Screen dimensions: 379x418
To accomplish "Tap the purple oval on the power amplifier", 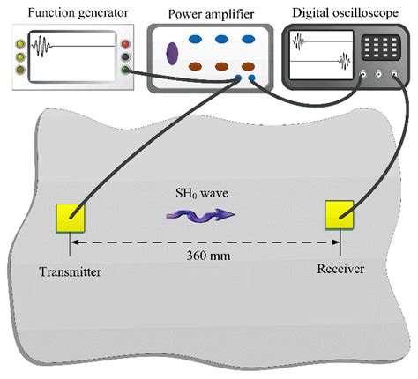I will tap(171, 53).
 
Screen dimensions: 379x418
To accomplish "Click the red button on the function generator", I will tap(128, 44).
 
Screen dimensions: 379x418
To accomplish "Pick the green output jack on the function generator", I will tap(128, 71).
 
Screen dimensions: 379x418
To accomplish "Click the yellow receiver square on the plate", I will tap(340, 215).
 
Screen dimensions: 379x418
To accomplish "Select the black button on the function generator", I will tap(128, 57).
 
